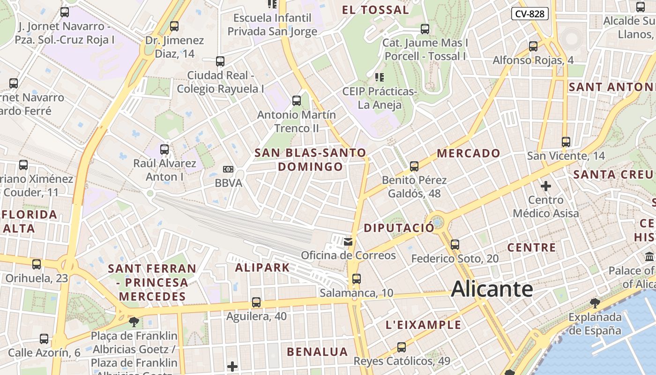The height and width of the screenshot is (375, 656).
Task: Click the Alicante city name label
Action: click(x=492, y=289)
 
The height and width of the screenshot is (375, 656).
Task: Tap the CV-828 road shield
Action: click(x=529, y=14)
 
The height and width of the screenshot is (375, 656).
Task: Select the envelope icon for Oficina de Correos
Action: click(x=348, y=242)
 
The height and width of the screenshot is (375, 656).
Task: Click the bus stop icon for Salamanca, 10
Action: click(x=356, y=279)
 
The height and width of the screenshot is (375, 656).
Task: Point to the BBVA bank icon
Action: click(x=228, y=169)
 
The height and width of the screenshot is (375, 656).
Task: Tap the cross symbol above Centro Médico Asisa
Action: click(x=545, y=186)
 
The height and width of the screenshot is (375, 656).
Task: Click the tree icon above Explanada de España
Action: click(x=595, y=303)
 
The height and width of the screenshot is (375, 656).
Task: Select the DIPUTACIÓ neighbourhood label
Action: click(x=399, y=228)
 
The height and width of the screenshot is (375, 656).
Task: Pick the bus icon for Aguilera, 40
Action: click(x=256, y=302)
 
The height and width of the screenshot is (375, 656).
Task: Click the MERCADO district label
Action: click(x=469, y=153)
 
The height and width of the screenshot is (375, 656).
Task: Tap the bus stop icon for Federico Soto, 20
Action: click(x=455, y=245)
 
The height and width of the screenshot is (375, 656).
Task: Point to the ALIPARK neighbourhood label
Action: click(x=262, y=268)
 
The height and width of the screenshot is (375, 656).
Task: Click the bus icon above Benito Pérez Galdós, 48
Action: click(x=414, y=166)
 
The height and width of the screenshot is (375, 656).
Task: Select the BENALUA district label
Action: click(x=317, y=352)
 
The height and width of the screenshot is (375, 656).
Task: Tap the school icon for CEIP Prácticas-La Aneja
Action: click(x=380, y=77)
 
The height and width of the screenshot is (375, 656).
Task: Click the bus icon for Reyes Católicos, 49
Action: click(x=401, y=347)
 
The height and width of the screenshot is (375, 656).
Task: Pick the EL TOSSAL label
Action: click(x=375, y=10)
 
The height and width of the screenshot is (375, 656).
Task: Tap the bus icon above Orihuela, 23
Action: click(x=37, y=264)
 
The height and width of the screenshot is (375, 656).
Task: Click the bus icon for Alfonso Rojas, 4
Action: click(x=533, y=46)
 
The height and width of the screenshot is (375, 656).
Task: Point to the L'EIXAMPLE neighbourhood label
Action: click(x=423, y=325)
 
